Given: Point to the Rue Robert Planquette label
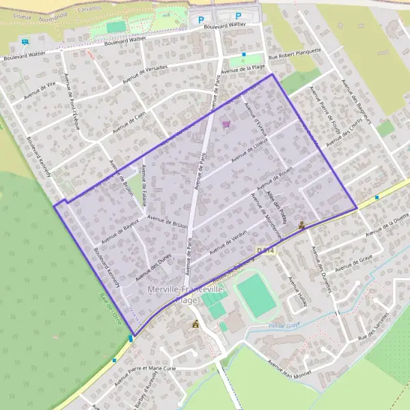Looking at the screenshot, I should point(295,57).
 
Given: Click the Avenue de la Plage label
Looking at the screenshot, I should point(248,67).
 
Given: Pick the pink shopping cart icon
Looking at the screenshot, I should point(226,124).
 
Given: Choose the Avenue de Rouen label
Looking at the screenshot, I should point(275,178).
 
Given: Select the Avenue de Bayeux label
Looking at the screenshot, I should point(120,232).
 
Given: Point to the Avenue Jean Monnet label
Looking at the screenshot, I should point(289,369).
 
